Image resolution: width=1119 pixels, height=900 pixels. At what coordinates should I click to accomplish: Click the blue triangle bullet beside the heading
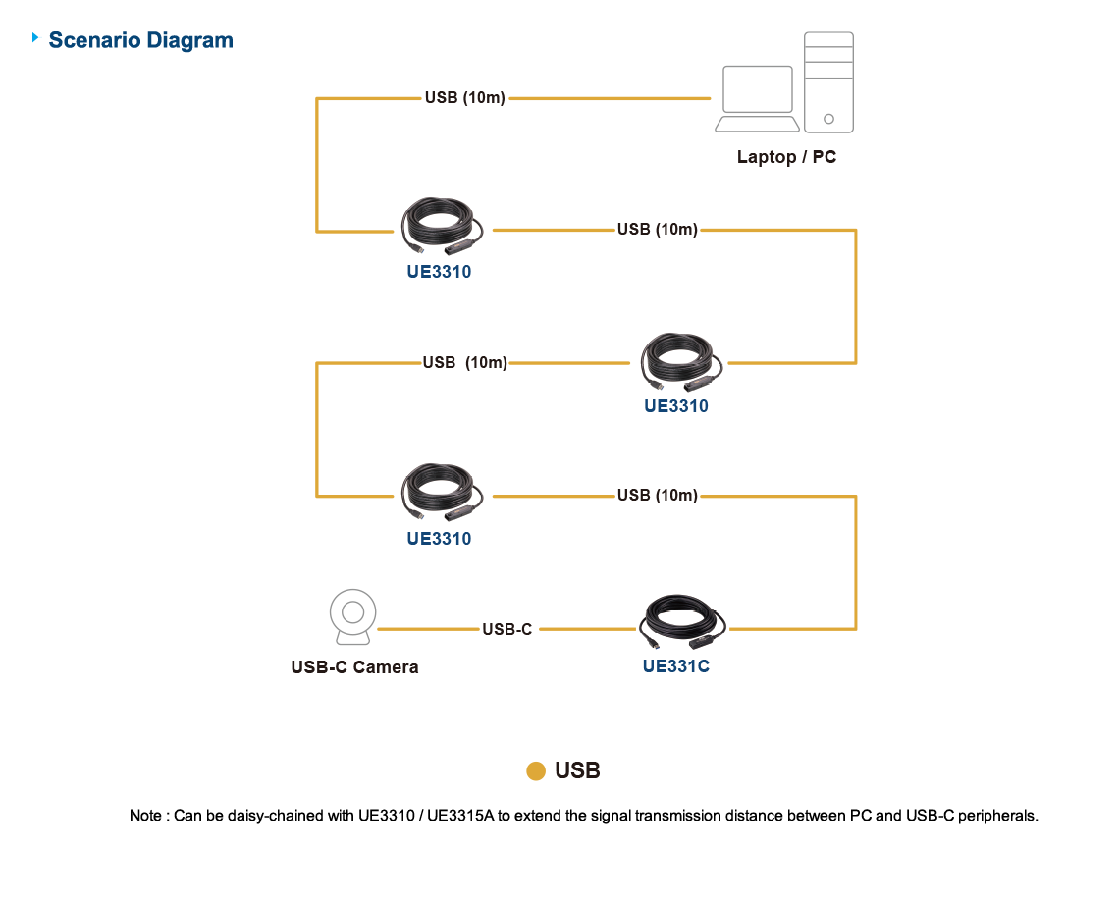coord(36,38)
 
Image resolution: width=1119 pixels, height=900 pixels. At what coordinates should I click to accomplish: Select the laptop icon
coord(757,98)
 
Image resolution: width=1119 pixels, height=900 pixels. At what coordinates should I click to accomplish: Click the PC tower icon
coord(828,82)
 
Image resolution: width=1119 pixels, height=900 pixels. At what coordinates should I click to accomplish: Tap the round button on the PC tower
coord(828,119)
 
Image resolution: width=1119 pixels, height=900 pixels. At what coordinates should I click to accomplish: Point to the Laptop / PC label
coord(786,157)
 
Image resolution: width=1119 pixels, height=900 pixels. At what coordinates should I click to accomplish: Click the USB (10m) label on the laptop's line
coord(464,98)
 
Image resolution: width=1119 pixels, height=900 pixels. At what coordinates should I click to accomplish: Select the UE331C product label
coord(675,667)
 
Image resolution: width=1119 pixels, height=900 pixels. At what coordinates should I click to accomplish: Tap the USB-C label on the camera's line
coord(506,629)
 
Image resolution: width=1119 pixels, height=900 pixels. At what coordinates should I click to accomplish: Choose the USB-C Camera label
coord(354,667)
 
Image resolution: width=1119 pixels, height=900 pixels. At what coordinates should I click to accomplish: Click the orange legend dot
coord(536,771)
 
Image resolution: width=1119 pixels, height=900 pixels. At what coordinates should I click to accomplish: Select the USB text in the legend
coord(577,771)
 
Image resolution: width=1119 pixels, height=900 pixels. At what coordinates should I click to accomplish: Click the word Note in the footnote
coord(146,816)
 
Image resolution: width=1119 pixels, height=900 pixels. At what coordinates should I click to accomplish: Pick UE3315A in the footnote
coord(461,816)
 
